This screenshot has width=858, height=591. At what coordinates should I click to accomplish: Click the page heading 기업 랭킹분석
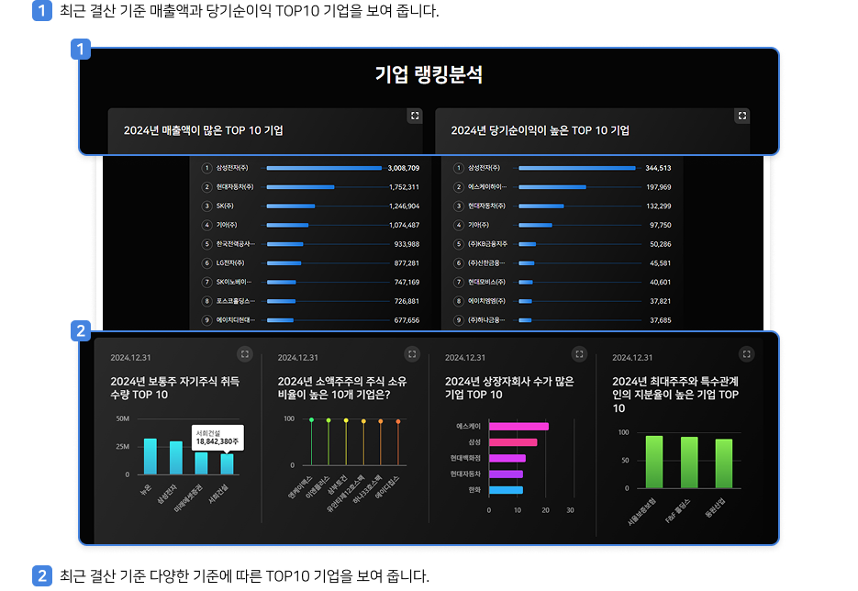coord(429,75)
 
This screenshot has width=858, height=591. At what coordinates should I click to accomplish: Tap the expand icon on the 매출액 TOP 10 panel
coord(415,116)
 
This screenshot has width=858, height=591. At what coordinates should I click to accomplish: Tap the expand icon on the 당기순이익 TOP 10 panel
coord(742,116)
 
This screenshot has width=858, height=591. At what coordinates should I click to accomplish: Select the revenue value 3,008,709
coord(403,168)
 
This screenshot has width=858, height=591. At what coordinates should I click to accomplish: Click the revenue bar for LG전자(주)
coord(284,263)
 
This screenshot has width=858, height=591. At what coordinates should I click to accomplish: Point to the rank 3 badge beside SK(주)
coord(207,206)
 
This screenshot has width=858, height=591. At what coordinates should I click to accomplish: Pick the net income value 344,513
coord(658,168)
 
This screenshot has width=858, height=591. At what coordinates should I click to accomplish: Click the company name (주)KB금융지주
coord(487,244)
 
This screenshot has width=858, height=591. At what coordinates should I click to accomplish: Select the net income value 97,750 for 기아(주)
coord(660,225)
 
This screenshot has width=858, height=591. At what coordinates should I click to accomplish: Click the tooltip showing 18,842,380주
coord(217,437)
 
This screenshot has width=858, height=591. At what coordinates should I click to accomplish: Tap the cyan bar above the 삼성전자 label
coord(175,457)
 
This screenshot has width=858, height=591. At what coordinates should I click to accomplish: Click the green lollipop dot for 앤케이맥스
coord(312,420)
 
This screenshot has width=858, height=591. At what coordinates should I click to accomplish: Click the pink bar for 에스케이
coord(518,427)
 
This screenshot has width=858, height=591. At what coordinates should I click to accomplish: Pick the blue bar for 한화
coord(506,490)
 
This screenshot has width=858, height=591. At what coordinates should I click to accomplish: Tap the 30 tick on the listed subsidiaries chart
coord(570,510)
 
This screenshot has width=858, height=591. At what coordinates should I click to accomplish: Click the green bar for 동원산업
coord(724,463)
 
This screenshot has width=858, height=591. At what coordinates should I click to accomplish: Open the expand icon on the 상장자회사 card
coord(579,353)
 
